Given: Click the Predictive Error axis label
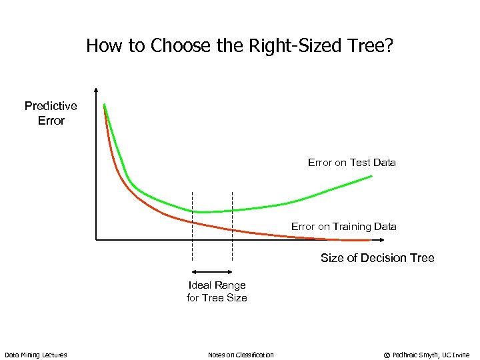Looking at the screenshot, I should click(51, 113).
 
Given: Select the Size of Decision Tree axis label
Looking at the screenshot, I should click(377, 258).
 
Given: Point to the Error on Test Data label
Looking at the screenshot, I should click(351, 162).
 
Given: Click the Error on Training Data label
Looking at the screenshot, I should click(343, 227).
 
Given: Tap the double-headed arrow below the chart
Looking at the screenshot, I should click(212, 272).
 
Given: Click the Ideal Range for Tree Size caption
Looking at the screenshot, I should click(217, 291).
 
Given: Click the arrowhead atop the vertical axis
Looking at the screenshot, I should click(97, 91).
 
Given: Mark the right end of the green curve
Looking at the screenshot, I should click(371, 176).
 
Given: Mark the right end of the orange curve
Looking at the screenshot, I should click(369, 239).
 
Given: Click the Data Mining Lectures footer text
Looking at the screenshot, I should click(36, 355).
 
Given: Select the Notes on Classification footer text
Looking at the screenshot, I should click(241, 355).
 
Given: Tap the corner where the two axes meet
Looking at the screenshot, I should click(97, 239).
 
